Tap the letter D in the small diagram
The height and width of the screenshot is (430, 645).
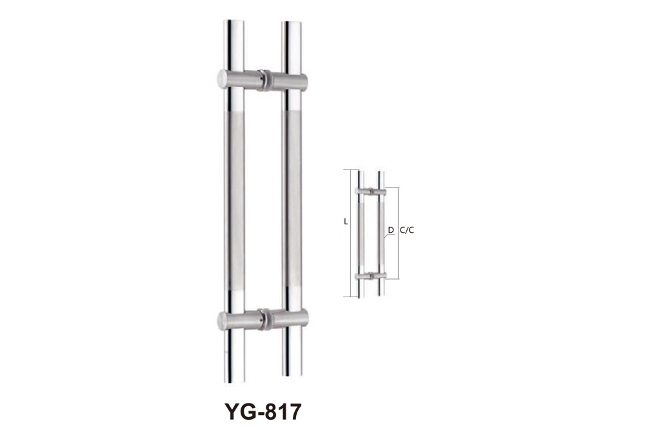point(390,230)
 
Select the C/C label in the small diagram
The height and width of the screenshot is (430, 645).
point(406,230)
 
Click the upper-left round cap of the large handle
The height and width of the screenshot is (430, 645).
point(222,79)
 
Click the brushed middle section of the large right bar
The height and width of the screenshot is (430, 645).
point(292,200)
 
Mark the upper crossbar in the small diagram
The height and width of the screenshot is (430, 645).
point(371,191)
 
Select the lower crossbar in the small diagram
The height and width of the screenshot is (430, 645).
point(371,276)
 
